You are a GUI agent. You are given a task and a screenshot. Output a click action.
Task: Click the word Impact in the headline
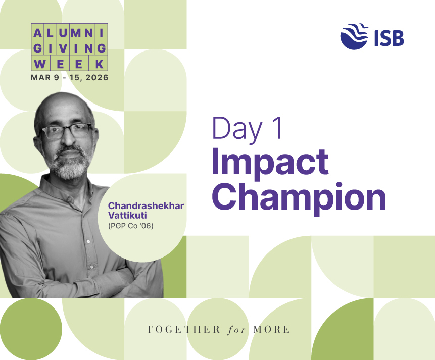click(270, 162)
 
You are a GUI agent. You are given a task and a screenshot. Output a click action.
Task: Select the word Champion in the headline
click(298, 195)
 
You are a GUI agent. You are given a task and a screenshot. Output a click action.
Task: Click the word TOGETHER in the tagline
click(183, 330)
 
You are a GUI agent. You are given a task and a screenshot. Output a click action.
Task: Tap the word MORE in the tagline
click(271, 330)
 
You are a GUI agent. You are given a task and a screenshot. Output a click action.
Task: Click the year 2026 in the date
click(95, 78)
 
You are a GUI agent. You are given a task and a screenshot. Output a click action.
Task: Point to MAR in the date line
click(40, 78)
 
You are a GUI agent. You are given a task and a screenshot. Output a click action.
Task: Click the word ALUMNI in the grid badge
click(70, 33)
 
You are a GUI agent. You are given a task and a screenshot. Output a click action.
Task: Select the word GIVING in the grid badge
click(70, 48)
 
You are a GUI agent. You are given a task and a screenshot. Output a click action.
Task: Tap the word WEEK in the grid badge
click(70, 64)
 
